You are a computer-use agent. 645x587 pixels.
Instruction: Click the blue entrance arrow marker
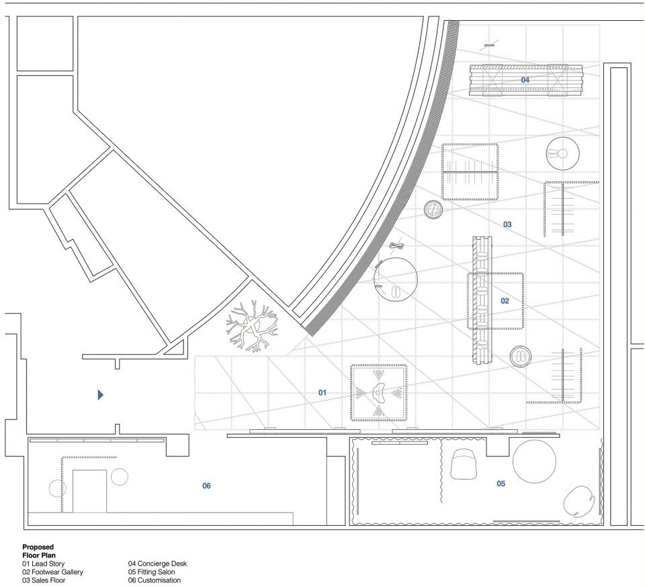pos(100,395)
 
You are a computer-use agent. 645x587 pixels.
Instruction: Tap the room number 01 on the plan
pos(322,393)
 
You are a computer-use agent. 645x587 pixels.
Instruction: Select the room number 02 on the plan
pos(505,301)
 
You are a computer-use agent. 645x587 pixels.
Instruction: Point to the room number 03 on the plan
pos(507,224)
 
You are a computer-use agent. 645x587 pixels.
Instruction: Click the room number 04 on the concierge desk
pos(525,80)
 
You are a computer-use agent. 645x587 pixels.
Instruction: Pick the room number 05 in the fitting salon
pos(501,484)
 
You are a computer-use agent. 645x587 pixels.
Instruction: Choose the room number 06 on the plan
pos(206,486)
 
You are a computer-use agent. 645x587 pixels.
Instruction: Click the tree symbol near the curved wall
pos(252,326)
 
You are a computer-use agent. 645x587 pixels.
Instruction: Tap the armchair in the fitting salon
pos(464,463)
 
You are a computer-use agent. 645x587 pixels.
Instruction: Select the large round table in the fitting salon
pos(534,461)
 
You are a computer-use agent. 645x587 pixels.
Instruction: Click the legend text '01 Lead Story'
pos(43,563)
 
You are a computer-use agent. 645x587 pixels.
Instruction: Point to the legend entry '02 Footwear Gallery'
pos(52,572)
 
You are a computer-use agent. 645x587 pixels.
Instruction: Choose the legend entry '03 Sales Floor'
pos(44,580)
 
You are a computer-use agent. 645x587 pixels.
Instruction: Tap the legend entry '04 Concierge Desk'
pos(157,563)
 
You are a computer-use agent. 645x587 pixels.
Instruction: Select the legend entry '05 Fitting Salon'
pos(151,572)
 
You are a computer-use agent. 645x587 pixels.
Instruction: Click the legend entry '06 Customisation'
pos(155,580)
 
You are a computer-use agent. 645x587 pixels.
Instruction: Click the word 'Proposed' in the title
pos(38,547)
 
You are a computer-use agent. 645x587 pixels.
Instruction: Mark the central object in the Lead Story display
pos(378,393)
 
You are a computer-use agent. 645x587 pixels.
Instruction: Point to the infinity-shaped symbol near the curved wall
pos(397,246)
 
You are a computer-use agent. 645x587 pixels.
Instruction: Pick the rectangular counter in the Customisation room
pos(89,491)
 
